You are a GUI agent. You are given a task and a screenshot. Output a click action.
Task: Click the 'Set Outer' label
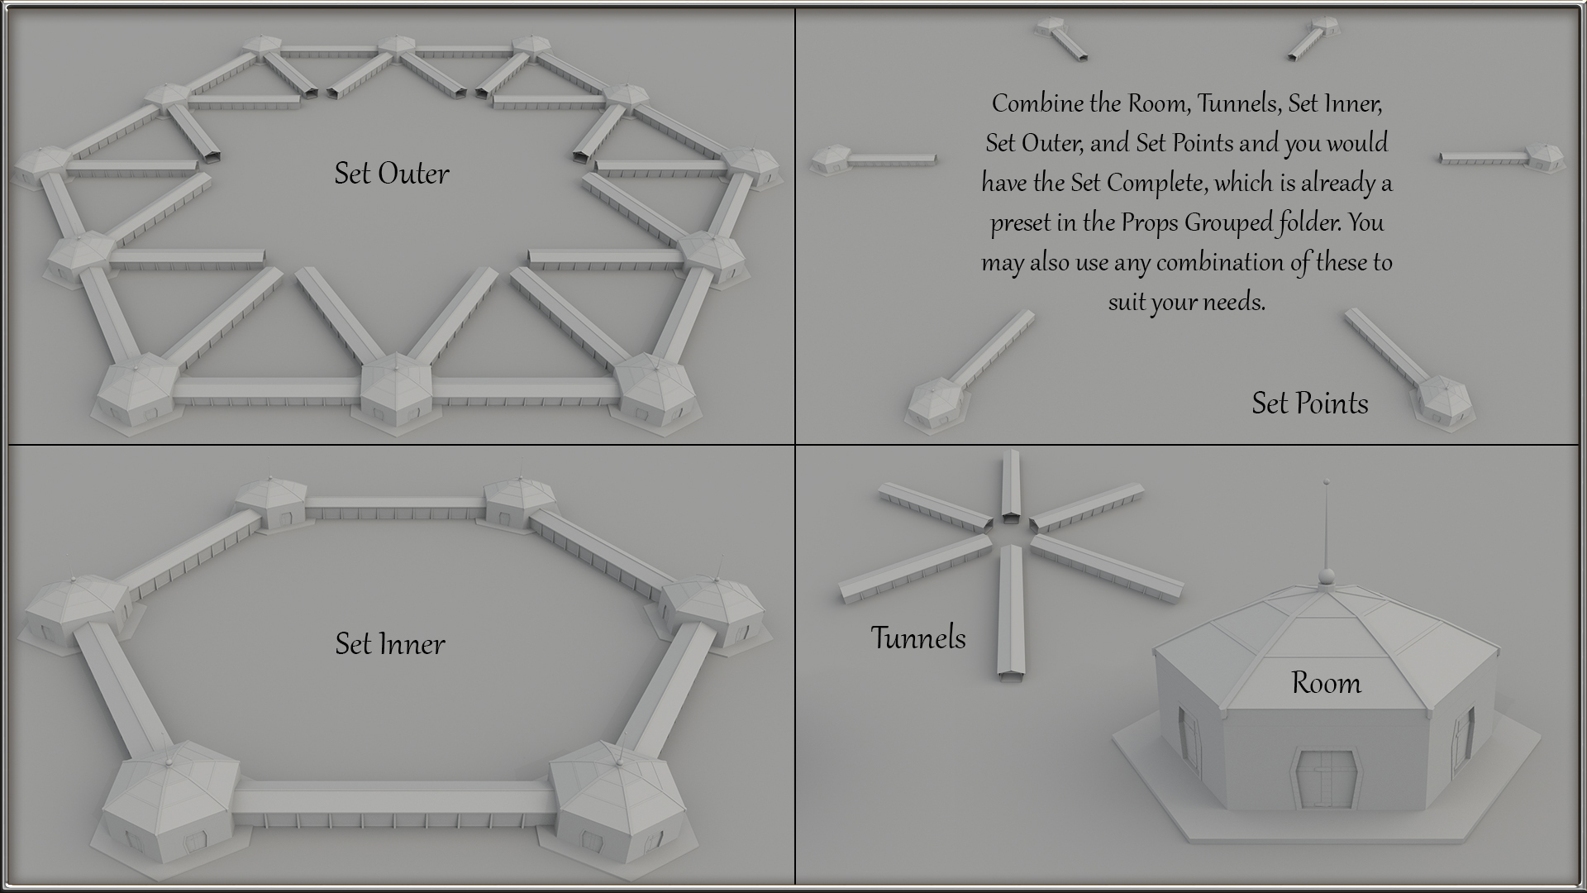pos(392,173)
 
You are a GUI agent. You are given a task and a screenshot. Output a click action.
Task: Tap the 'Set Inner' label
pos(390,643)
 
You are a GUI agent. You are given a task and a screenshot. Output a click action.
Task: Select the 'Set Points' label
pos(1310,403)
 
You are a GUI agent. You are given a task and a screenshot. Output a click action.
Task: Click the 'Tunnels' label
pos(918,638)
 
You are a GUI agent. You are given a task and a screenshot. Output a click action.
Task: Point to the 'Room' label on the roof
pos(1326,682)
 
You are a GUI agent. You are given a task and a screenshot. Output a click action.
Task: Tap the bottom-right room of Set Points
pos(1445,403)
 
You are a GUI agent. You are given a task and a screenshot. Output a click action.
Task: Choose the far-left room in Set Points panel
pos(831,159)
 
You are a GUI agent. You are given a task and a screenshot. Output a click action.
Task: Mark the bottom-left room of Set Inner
pos(172,809)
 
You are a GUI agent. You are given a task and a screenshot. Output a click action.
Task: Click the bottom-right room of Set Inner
pos(618,809)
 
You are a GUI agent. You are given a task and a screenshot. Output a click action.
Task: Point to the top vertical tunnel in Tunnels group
pos(1010,487)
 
